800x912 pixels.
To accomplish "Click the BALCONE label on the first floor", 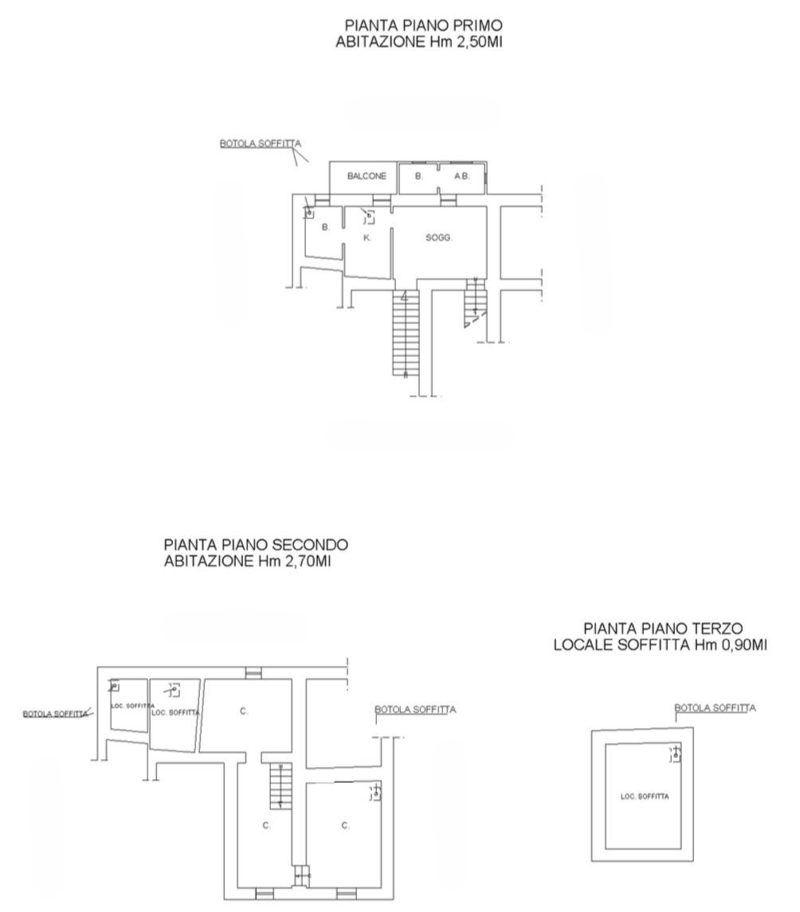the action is (x=367, y=176).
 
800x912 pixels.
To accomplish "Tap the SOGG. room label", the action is (x=439, y=237).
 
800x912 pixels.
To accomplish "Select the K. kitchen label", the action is (x=367, y=237).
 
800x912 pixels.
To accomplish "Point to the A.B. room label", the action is (x=462, y=176).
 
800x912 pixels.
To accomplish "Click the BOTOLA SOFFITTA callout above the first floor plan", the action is (x=261, y=143).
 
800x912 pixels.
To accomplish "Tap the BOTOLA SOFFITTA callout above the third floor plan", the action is (x=715, y=708).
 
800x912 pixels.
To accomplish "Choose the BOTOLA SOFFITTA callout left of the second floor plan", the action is (x=55, y=714).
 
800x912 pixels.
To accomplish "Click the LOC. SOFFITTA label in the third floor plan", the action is (x=645, y=797).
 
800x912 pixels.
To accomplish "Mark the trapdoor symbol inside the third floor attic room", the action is (x=675, y=754).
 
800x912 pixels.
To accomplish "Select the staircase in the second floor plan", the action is (x=280, y=786).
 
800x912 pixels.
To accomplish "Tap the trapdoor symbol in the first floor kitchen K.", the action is (x=368, y=217).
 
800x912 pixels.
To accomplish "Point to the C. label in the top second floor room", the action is (x=244, y=710).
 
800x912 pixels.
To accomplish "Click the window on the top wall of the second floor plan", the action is (x=253, y=673).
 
